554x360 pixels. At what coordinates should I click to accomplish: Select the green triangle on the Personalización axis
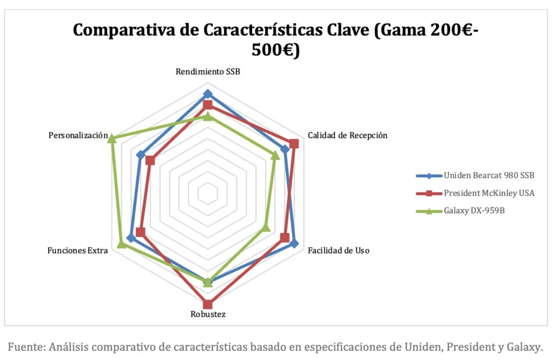point(111,139)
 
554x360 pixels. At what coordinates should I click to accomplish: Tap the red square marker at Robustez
point(208,304)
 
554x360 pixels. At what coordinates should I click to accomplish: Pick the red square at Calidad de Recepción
point(294,143)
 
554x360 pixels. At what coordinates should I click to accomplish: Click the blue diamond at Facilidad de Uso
point(294,243)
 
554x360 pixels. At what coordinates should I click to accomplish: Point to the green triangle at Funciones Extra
point(122,244)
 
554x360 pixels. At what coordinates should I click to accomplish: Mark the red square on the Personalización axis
point(150,160)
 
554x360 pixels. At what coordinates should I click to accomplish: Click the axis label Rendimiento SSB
point(208,72)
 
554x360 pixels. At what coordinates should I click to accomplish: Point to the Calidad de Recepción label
point(347,135)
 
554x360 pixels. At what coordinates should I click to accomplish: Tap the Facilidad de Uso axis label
point(339,250)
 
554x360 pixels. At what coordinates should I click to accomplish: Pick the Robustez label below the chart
point(208,314)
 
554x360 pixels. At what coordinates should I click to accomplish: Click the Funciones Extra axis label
point(77,250)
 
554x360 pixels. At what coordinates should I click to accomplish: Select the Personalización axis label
point(78,135)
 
